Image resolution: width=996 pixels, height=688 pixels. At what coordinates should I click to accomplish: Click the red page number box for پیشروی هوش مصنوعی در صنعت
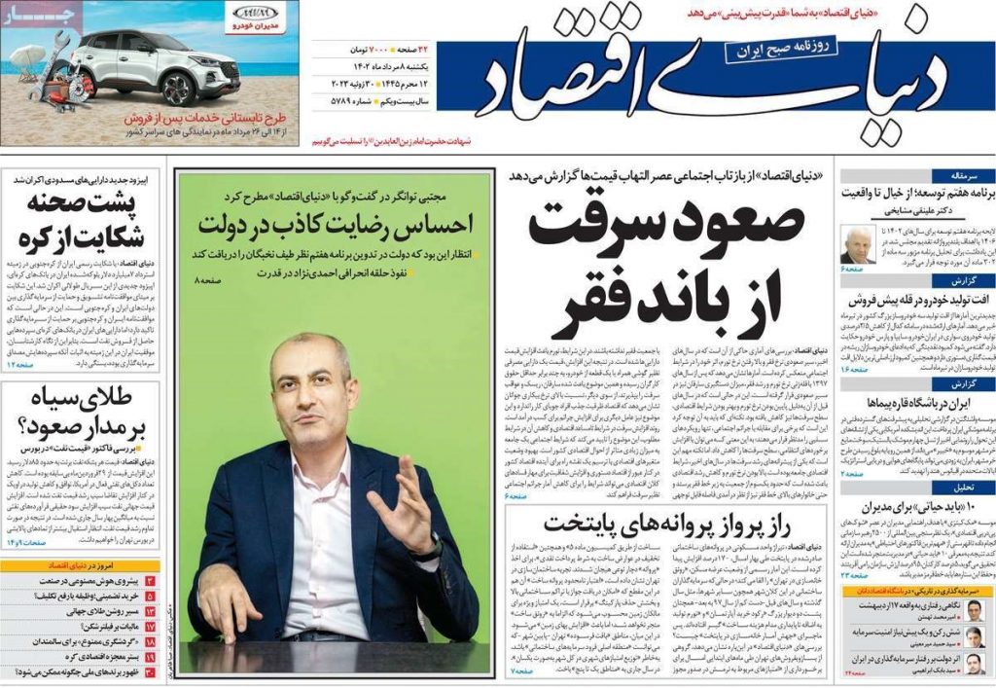(151, 581)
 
